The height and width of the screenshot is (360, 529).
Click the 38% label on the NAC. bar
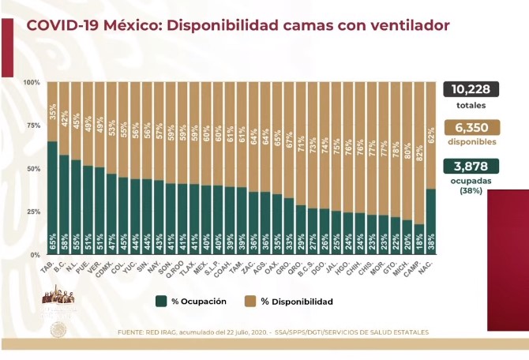tap(430, 246)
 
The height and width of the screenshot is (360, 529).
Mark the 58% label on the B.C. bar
tap(64, 246)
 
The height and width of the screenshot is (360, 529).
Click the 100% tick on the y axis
tap(32, 82)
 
